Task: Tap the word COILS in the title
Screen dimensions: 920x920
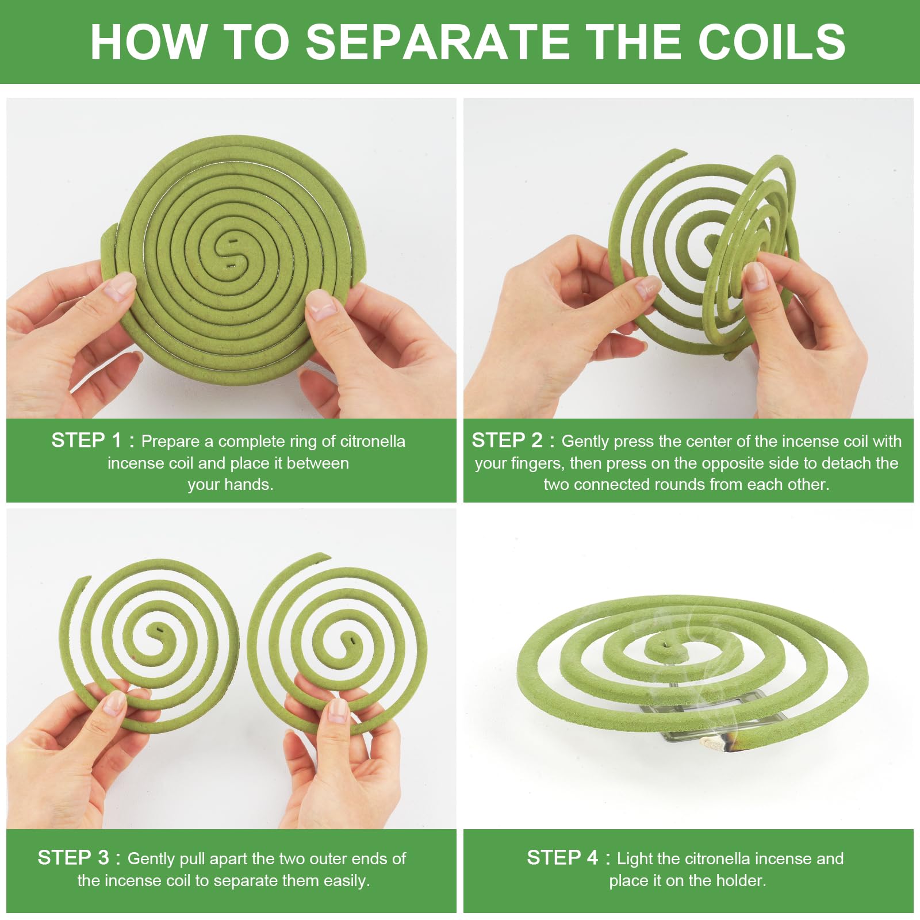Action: [772, 41]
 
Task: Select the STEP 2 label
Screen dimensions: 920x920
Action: [507, 440]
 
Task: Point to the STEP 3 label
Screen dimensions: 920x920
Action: [73, 858]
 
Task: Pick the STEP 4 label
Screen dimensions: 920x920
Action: [562, 858]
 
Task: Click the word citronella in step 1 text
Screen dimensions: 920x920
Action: [373, 441]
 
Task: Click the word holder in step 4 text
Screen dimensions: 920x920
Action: [737, 880]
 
